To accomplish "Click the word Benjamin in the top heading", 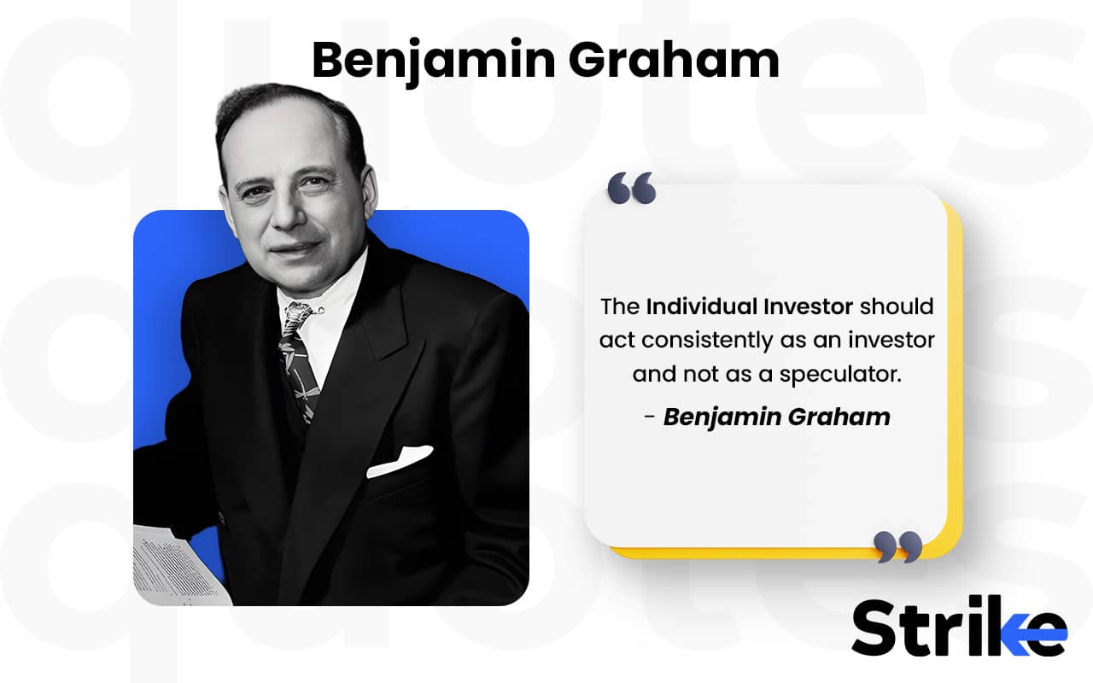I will pos(431,61).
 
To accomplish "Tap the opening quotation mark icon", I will pos(631,188).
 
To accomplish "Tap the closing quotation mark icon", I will pos(898,546).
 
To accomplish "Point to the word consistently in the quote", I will pos(708,340).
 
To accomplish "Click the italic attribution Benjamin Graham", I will pos(776,417).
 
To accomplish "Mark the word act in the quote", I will pos(617,340).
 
